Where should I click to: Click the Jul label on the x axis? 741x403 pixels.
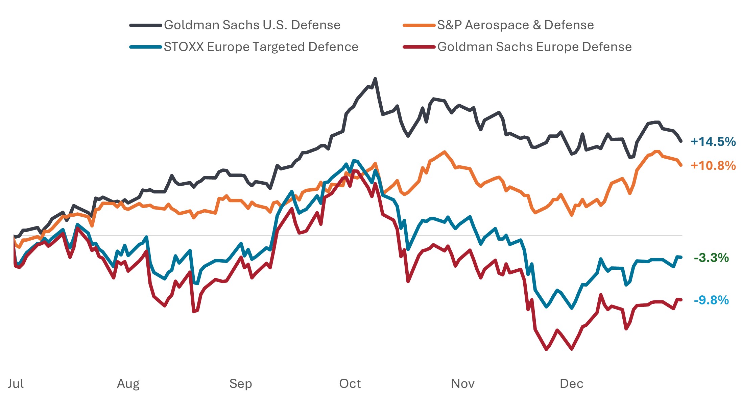coord(16,384)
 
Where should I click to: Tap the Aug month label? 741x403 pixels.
coord(128,384)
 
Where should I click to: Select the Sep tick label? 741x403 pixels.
coord(240,384)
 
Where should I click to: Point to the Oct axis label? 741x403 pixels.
coord(350,384)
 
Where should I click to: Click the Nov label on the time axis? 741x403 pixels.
coord(462,384)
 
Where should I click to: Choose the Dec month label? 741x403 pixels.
coord(571,384)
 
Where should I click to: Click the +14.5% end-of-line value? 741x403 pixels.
coord(713,142)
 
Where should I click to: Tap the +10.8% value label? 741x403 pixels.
coord(713,166)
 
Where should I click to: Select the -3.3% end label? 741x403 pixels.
coord(711,258)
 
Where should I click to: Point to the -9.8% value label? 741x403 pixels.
coord(711,300)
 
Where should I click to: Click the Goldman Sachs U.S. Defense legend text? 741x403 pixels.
coord(252,25)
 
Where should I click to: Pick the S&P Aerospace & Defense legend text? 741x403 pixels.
coord(516,25)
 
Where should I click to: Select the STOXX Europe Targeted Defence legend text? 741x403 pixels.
coord(261,47)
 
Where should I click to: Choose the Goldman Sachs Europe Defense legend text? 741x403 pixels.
coord(534,47)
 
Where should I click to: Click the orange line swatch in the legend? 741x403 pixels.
coord(419,25)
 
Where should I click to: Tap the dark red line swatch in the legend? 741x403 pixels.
coord(419,47)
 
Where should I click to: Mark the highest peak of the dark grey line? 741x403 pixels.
coord(375,79)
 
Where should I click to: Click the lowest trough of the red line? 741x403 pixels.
coord(547,349)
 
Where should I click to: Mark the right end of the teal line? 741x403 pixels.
coord(681,258)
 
